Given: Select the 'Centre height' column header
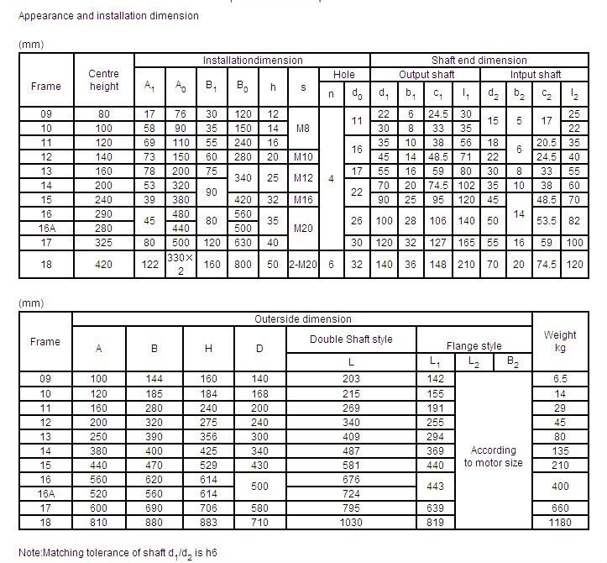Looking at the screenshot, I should click(103, 81).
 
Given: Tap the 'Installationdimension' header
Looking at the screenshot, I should click(252, 61).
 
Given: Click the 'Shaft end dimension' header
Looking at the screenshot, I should click(479, 61).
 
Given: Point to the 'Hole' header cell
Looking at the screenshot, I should click(344, 75).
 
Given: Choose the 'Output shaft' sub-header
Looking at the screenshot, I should click(426, 75).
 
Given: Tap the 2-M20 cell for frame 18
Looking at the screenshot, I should click(302, 263).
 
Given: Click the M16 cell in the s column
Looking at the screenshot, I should click(302, 199).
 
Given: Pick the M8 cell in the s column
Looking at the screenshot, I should click(302, 128).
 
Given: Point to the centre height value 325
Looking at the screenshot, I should click(103, 242).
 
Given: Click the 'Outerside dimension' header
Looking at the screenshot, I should click(302, 319).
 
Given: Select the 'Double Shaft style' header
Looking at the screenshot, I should click(351, 339).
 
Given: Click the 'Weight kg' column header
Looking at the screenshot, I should click(560, 341).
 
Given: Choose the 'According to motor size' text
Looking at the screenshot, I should click(493, 456).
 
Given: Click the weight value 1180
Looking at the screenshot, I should click(560, 524).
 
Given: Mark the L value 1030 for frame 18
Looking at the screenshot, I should click(351, 524).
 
